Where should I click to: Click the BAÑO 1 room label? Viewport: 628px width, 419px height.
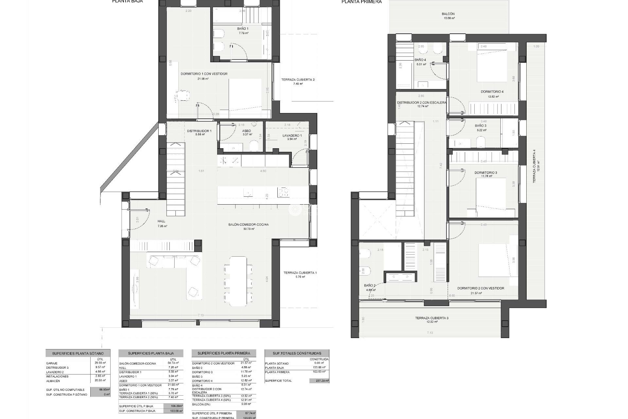pos(243,29)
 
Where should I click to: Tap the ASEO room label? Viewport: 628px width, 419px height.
pos(246,131)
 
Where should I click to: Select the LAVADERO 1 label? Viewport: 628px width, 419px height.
pos(292,135)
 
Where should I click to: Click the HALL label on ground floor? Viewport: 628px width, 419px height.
pos(162,221)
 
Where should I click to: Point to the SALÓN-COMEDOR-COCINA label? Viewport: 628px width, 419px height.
pos(249,225)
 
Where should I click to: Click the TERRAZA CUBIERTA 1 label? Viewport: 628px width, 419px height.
pos(300,273)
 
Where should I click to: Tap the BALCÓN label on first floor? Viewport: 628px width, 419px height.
pos(448,14)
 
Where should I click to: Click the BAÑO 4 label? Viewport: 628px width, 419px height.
pos(420,60)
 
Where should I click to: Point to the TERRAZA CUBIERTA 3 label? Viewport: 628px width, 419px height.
pos(429,318)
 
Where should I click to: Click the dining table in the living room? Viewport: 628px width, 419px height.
pos(238,281)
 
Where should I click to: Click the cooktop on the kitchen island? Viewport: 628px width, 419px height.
pos(283,192)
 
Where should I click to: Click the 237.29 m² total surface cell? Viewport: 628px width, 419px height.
pos(319,381)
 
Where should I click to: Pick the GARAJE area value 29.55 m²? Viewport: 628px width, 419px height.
pos(100,363)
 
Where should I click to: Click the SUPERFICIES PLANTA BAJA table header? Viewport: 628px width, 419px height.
pos(151,354)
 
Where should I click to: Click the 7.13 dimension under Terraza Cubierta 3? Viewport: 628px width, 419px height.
pos(429,333)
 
